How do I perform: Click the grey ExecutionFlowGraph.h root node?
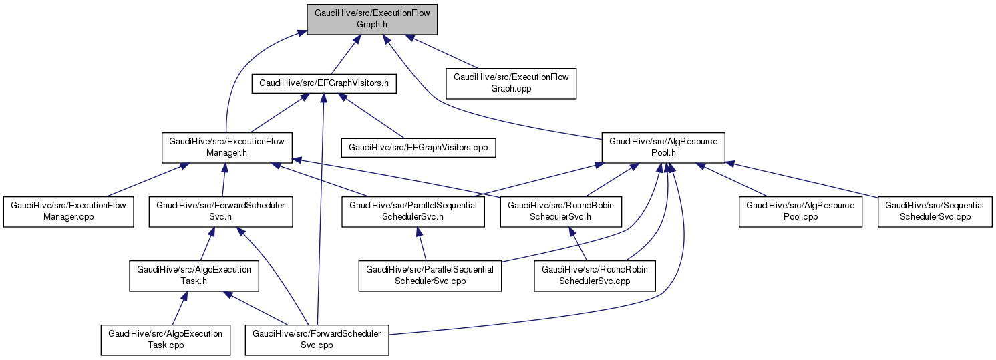(371, 18)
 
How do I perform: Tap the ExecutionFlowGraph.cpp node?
(511, 83)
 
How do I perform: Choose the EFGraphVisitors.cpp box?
(418, 146)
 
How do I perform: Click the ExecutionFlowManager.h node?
(226, 146)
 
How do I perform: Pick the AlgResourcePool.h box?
(663, 146)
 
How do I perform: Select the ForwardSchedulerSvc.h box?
(220, 210)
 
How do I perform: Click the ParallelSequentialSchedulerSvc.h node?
(413, 210)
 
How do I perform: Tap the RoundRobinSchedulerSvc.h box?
(561, 210)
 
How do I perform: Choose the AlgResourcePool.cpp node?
(800, 210)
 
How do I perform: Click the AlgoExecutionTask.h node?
(194, 275)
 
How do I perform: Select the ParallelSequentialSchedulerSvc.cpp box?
(430, 275)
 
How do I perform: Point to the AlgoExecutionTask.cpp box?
(165, 339)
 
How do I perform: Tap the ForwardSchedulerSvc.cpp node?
(317, 339)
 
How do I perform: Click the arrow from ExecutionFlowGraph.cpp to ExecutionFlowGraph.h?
(444, 51)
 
